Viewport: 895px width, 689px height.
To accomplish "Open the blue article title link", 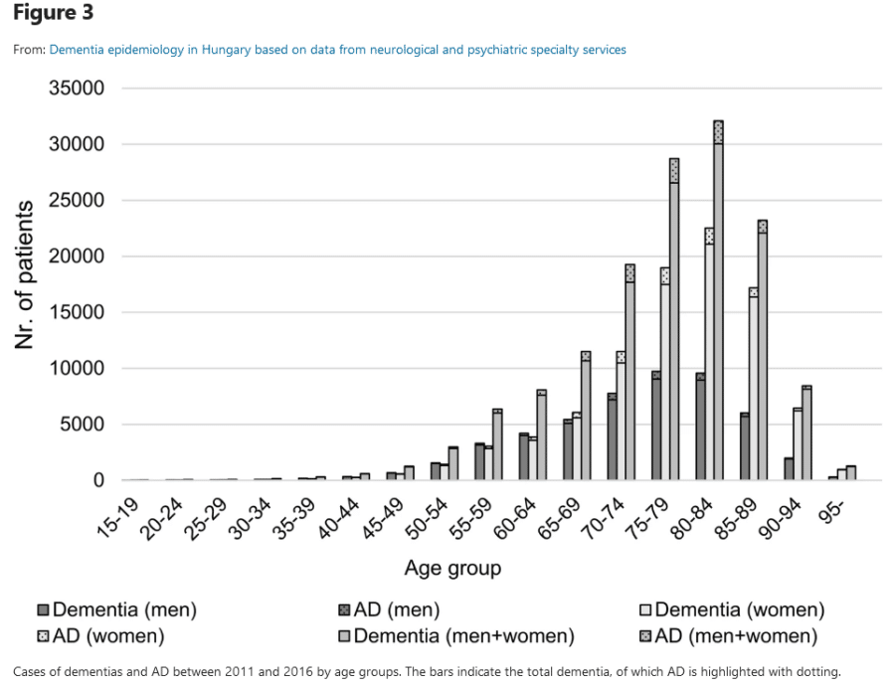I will (338, 50).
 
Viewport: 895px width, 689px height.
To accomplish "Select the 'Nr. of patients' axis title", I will (27, 274).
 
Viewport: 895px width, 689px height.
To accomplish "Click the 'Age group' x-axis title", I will (452, 569).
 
